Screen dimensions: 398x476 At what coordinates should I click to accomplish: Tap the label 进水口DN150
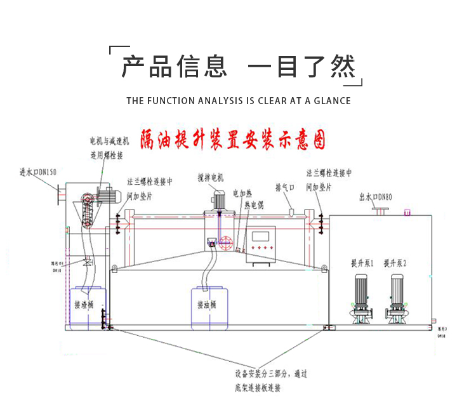(x=38, y=172)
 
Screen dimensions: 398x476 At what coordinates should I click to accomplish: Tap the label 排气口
(x=285, y=188)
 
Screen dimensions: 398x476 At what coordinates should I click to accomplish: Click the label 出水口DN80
(x=376, y=197)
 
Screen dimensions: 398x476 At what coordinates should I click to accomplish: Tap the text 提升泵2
(x=395, y=262)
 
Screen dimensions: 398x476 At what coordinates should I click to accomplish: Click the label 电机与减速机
(x=109, y=140)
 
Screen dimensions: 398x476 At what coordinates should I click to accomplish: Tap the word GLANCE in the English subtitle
(x=331, y=100)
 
